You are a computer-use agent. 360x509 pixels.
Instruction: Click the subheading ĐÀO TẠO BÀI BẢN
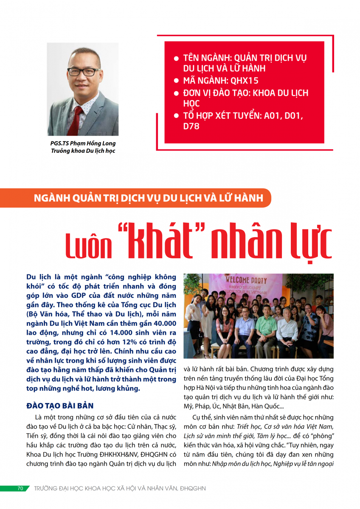(60, 406)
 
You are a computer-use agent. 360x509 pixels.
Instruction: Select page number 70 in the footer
(20, 488)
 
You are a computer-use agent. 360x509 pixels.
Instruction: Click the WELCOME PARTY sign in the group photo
(246, 281)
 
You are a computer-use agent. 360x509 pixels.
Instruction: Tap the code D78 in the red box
(191, 126)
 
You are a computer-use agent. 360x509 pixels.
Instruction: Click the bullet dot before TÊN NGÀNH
(176, 58)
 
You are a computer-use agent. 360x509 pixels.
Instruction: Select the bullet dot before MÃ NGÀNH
(176, 81)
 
